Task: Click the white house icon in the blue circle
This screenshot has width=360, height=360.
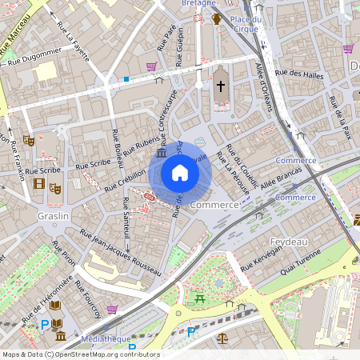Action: pyautogui.click(x=180, y=173)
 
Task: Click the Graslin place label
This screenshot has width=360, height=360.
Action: pyautogui.click(x=54, y=216)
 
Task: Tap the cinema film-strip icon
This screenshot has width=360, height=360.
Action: pyautogui.click(x=39, y=185)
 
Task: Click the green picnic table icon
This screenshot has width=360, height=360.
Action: pyautogui.click(x=200, y=299)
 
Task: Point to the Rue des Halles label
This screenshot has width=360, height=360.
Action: pyautogui.click(x=297, y=74)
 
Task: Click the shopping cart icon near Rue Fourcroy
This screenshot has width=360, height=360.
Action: pyautogui.click(x=112, y=309)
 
